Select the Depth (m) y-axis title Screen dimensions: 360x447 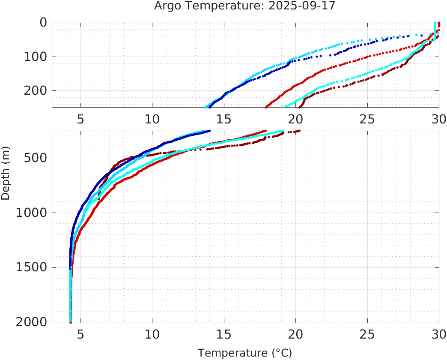[6, 177]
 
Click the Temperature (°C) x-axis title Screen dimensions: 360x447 [245, 353]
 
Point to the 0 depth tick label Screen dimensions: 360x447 [43, 23]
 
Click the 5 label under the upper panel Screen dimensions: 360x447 [80, 119]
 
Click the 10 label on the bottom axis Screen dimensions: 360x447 [152, 334]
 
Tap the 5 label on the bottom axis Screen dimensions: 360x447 [80, 334]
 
